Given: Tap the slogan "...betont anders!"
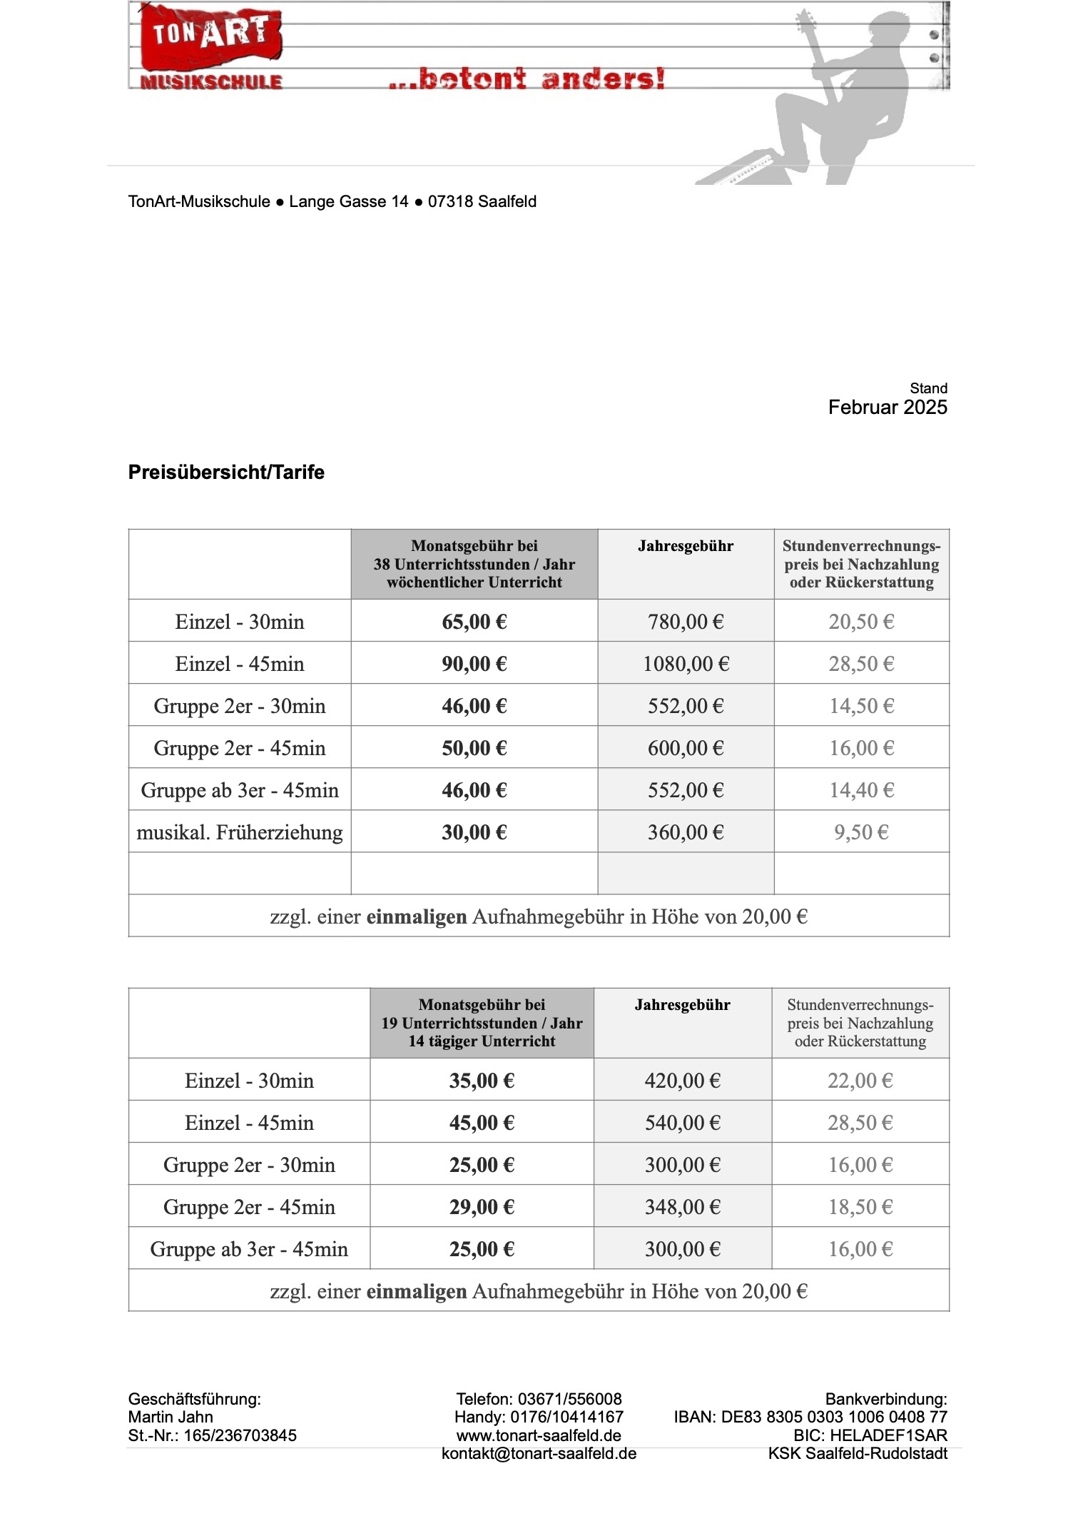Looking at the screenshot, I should point(527,78).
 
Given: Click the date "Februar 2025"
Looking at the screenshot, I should point(887,408).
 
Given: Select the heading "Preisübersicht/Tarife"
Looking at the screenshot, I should point(226,472).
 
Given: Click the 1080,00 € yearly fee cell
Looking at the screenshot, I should point(686,664).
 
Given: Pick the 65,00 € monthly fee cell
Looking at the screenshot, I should point(474,622).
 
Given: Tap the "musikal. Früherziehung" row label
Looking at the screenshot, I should point(240,832).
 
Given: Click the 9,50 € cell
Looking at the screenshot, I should point(861,832).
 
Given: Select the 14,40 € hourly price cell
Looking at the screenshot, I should point(861,790).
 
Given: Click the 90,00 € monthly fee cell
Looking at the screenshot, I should point(474,664).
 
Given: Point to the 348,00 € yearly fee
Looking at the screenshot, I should point(682,1207).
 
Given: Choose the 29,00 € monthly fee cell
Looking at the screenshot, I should point(482,1207).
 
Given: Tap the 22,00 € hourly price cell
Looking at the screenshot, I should point(860,1081).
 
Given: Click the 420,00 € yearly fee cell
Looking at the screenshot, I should point(682,1081).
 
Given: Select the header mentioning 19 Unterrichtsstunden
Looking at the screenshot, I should point(482,1023).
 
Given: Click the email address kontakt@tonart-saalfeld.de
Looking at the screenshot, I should point(539,1454).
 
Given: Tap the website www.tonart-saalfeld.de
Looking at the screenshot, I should point(539,1435).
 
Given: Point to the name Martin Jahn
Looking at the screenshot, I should point(171,1417).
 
